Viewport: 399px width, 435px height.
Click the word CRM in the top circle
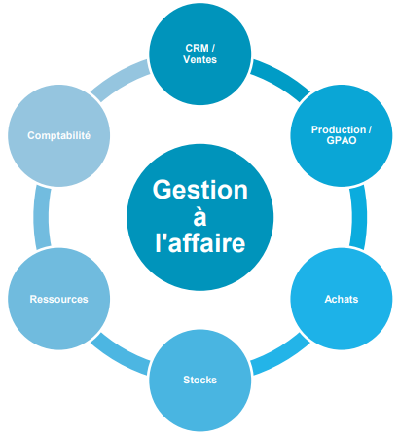click(x=197, y=48)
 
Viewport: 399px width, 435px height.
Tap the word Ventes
click(x=199, y=59)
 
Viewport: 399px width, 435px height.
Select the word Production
click(x=339, y=129)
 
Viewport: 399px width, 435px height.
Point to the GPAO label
click(x=342, y=140)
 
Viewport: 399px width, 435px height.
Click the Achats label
click(x=342, y=299)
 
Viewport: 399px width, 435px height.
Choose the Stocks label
click(x=199, y=380)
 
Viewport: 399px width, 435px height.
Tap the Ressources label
click(x=58, y=299)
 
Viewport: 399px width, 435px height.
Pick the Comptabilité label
click(x=58, y=135)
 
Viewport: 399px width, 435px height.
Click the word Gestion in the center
click(x=200, y=190)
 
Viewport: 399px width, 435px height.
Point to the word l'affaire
click(x=200, y=242)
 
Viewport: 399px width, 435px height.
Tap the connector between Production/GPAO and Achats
click(x=359, y=217)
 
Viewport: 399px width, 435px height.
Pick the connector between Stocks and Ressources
click(x=120, y=356)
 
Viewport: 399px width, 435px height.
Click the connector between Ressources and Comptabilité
click(x=41, y=217)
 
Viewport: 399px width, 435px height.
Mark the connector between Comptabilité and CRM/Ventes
click(x=120, y=79)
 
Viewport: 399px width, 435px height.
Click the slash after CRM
click(x=213, y=48)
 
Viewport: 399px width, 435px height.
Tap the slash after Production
click(x=370, y=129)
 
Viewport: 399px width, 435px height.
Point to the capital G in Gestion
click(x=162, y=190)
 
